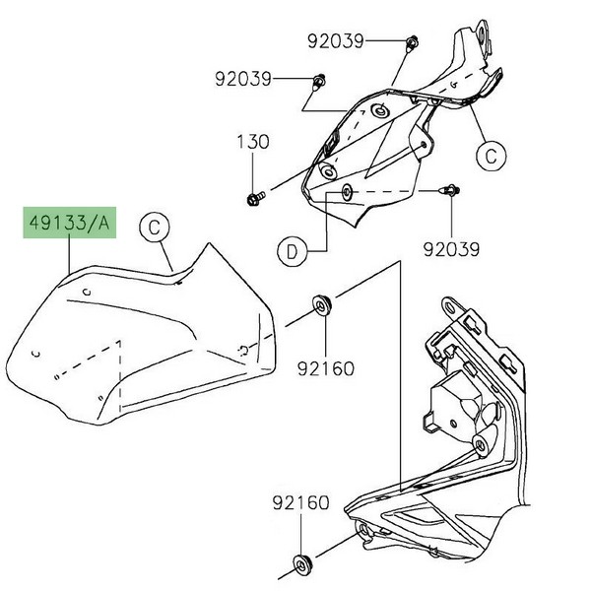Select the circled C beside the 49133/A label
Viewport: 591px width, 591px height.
click(x=154, y=228)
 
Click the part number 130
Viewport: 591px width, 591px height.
click(x=252, y=142)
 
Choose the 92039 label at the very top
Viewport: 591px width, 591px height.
click(x=335, y=41)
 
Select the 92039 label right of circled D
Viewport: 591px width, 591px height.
click(x=453, y=250)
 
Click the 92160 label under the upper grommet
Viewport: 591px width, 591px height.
click(x=326, y=368)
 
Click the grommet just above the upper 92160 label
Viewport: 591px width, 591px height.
click(x=322, y=305)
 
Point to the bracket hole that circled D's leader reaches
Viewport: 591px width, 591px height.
click(x=347, y=189)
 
